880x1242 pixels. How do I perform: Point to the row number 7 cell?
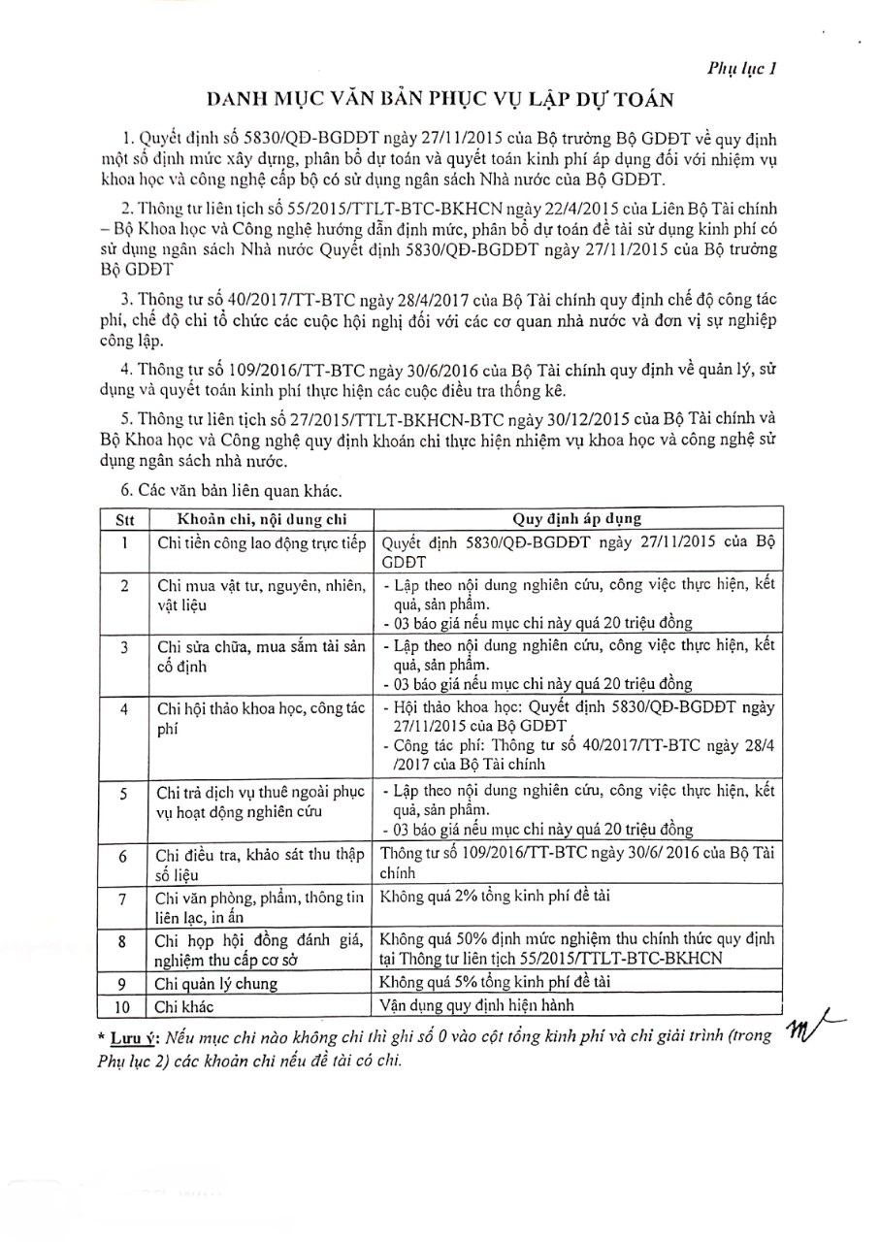click(x=124, y=899)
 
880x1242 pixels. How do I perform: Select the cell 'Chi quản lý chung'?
click(x=216, y=983)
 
